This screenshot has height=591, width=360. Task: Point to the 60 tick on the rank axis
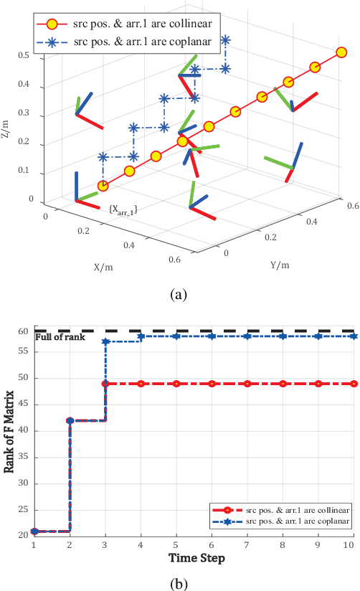pos(24,331)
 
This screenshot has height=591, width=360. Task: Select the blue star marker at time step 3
pos(106,341)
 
